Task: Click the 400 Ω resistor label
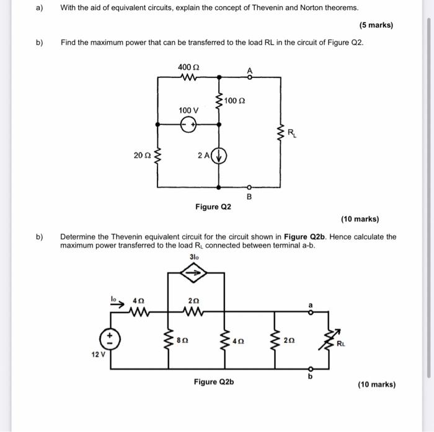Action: [x=188, y=67]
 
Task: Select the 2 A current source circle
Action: [x=219, y=155]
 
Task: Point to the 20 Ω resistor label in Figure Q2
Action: [x=142, y=155]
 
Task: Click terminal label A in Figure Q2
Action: [x=249, y=69]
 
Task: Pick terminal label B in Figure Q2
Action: [x=249, y=197]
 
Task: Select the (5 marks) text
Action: [x=376, y=25]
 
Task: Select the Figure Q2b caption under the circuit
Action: [x=213, y=382]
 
